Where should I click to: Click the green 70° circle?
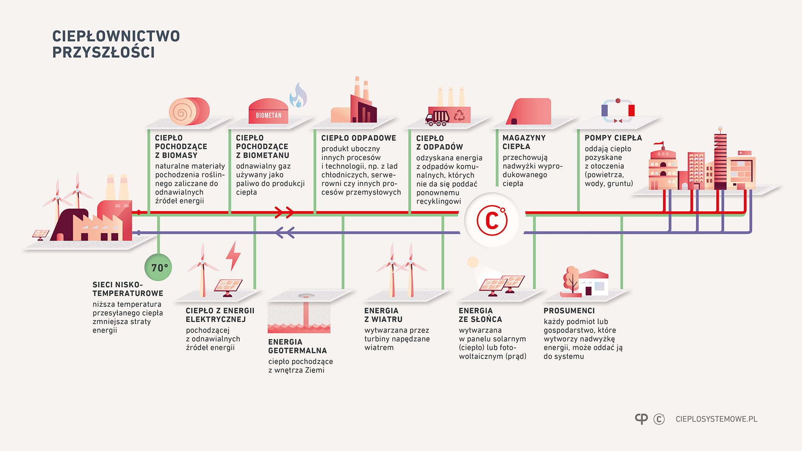click(x=158, y=267)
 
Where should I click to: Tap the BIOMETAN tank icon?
click(x=268, y=111)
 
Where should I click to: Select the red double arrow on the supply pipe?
click(x=284, y=212)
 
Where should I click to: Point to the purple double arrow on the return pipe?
click(x=285, y=233)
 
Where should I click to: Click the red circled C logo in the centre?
click(x=492, y=220)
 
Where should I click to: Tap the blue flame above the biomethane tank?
click(x=298, y=96)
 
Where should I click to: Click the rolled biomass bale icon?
click(x=189, y=111)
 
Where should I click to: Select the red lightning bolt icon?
click(x=233, y=255)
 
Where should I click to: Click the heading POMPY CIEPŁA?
click(x=613, y=138)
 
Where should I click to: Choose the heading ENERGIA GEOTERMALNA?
click(x=297, y=346)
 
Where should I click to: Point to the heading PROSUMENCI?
click(x=569, y=311)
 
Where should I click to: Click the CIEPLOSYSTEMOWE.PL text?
click(x=716, y=419)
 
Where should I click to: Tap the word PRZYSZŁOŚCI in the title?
click(x=103, y=53)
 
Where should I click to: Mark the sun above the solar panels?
click(x=472, y=262)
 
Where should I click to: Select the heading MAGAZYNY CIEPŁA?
click(x=524, y=142)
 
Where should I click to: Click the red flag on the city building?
click(x=659, y=144)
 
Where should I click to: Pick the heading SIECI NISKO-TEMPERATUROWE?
click(x=127, y=289)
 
